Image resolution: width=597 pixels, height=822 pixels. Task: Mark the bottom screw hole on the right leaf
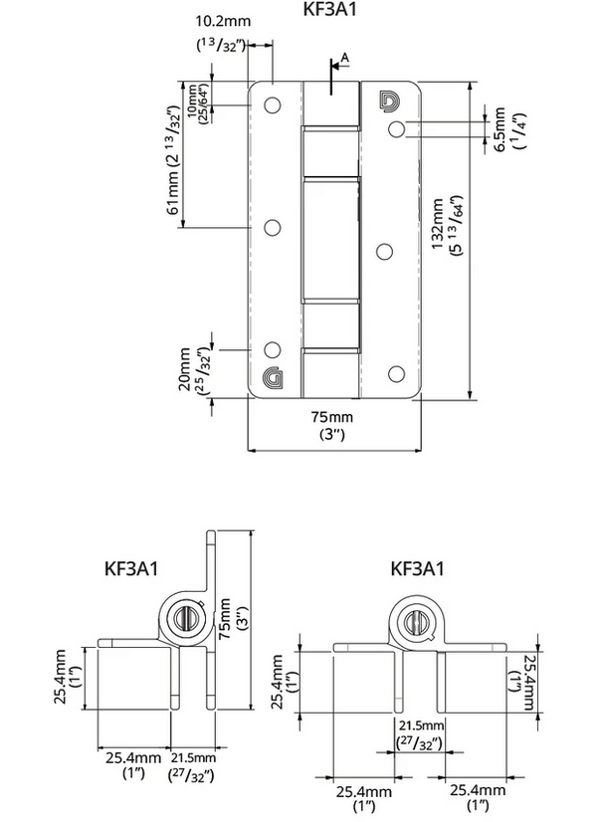[396, 373]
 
